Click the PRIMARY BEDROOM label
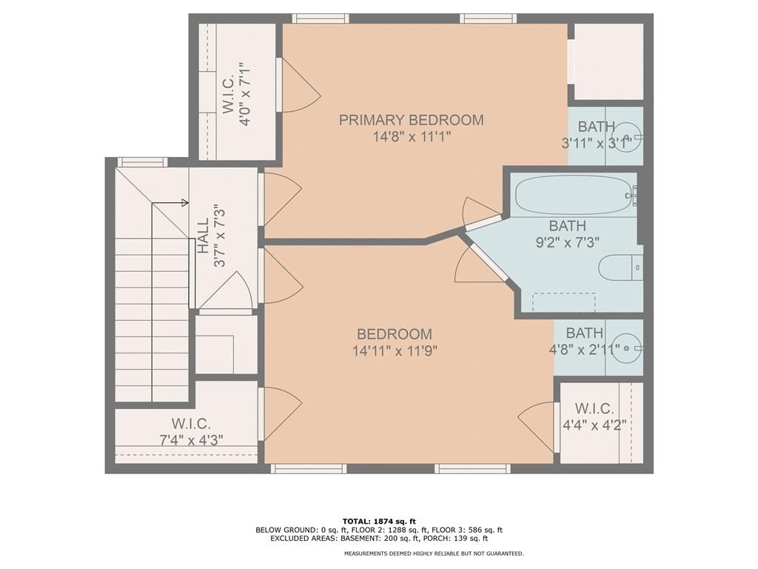point(411,120)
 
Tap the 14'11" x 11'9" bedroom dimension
point(395,350)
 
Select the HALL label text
point(203,236)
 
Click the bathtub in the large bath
point(573,195)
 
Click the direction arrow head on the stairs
point(185,203)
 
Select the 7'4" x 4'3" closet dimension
point(192,440)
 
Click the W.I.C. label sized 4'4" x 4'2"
point(594,409)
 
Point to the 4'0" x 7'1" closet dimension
point(245,94)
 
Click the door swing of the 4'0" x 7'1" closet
point(301,86)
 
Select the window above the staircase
point(142,162)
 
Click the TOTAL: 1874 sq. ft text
point(379,521)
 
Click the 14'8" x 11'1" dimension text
point(412,137)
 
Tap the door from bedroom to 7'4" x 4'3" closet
point(281,414)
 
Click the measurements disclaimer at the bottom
point(434,553)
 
